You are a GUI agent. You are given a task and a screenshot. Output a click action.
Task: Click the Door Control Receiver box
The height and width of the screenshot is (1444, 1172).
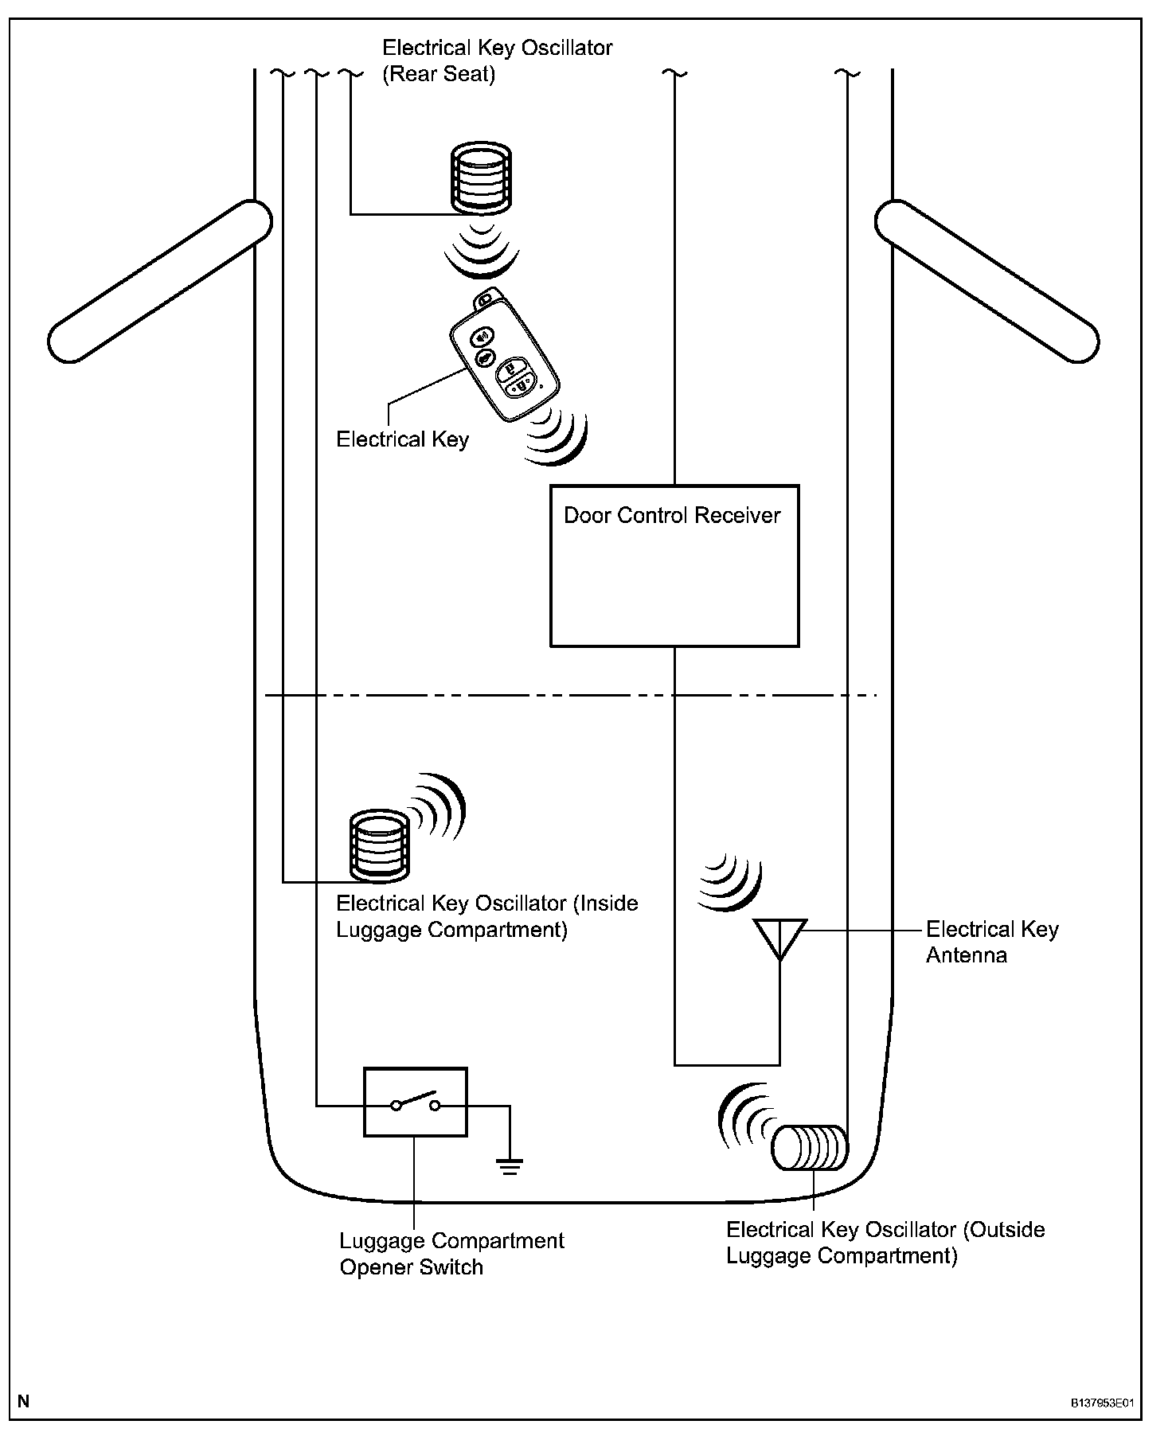pyautogui.click(x=674, y=565)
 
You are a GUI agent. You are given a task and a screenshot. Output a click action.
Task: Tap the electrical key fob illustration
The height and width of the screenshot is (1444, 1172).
pyautogui.click(x=504, y=364)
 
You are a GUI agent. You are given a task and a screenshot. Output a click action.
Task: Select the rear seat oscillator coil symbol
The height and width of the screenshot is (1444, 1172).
pyautogui.click(x=481, y=179)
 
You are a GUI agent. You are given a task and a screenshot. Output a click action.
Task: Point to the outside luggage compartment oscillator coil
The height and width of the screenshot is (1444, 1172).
pyautogui.click(x=809, y=1148)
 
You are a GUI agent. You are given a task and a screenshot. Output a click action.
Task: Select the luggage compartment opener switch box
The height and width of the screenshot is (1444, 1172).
pyautogui.click(x=415, y=1103)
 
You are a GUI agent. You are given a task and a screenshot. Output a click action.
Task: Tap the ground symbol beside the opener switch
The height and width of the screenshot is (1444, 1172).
pyautogui.click(x=510, y=1166)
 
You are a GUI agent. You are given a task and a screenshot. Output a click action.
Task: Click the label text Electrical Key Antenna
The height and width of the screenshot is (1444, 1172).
pyautogui.click(x=991, y=942)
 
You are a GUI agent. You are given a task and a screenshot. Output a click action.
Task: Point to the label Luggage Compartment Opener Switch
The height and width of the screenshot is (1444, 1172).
pyautogui.click(x=451, y=1253)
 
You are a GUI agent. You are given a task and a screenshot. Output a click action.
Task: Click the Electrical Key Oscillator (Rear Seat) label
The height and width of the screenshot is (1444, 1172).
pyautogui.click(x=497, y=60)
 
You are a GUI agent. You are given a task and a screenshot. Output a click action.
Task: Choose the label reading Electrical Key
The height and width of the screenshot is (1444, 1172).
pyautogui.click(x=402, y=439)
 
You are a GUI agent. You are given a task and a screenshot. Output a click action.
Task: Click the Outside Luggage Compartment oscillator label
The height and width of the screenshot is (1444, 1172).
pyautogui.click(x=885, y=1242)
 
